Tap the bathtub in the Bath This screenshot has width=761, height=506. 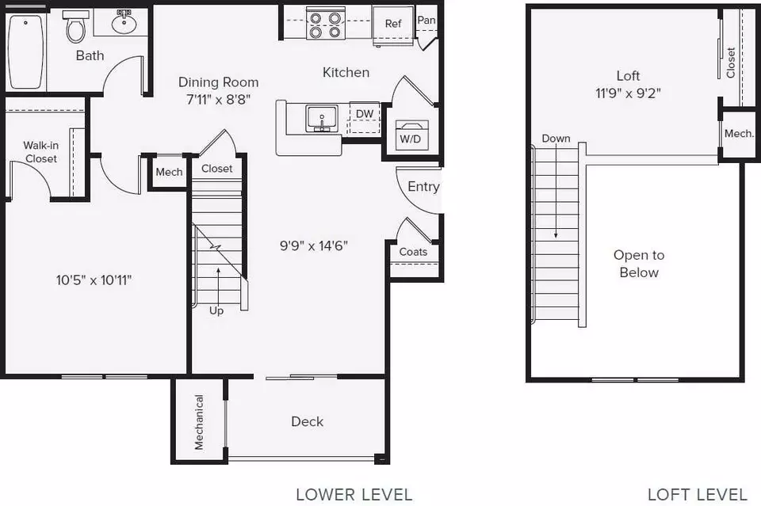coord(25,51)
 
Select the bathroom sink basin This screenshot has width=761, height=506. coord(124,23)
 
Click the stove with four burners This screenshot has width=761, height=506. coord(325,25)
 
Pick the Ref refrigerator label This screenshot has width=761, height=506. coord(393,23)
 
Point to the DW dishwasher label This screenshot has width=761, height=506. coord(365,114)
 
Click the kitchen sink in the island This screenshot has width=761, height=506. coord(321,119)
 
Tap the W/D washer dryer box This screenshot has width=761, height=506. coord(411,135)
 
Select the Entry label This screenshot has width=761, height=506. coord(423,187)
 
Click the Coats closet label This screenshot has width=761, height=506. coord(413,252)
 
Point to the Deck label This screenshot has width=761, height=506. coord(308,421)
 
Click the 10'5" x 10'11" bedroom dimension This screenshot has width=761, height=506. coord(94,280)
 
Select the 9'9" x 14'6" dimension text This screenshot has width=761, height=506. coord(314,245)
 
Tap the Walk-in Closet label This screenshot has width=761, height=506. coord(40,152)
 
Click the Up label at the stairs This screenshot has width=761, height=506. coord(216,310)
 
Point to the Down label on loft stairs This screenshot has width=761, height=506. coord(556,138)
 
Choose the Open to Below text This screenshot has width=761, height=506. coord(639,264)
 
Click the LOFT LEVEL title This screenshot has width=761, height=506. coord(698,494)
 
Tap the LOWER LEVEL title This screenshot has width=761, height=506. coord(354,494)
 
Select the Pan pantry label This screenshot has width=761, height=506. coord(426,20)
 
